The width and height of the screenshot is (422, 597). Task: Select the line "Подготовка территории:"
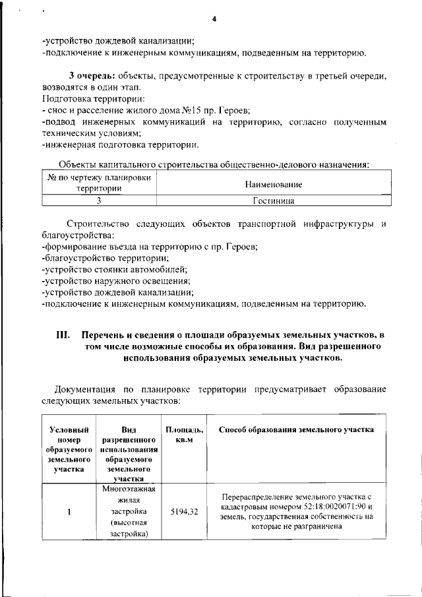(84, 98)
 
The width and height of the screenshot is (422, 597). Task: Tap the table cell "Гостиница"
(273, 199)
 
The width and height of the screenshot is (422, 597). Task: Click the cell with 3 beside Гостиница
(99, 199)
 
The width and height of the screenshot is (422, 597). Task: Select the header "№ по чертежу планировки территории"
(99, 183)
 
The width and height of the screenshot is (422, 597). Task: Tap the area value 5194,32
(184, 511)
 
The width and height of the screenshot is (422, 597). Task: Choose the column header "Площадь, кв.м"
(184, 435)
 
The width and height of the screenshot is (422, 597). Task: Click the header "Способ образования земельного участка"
(296, 429)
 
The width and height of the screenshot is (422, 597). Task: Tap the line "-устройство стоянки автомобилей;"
(114, 269)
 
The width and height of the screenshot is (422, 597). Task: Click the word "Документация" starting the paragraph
(86, 389)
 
